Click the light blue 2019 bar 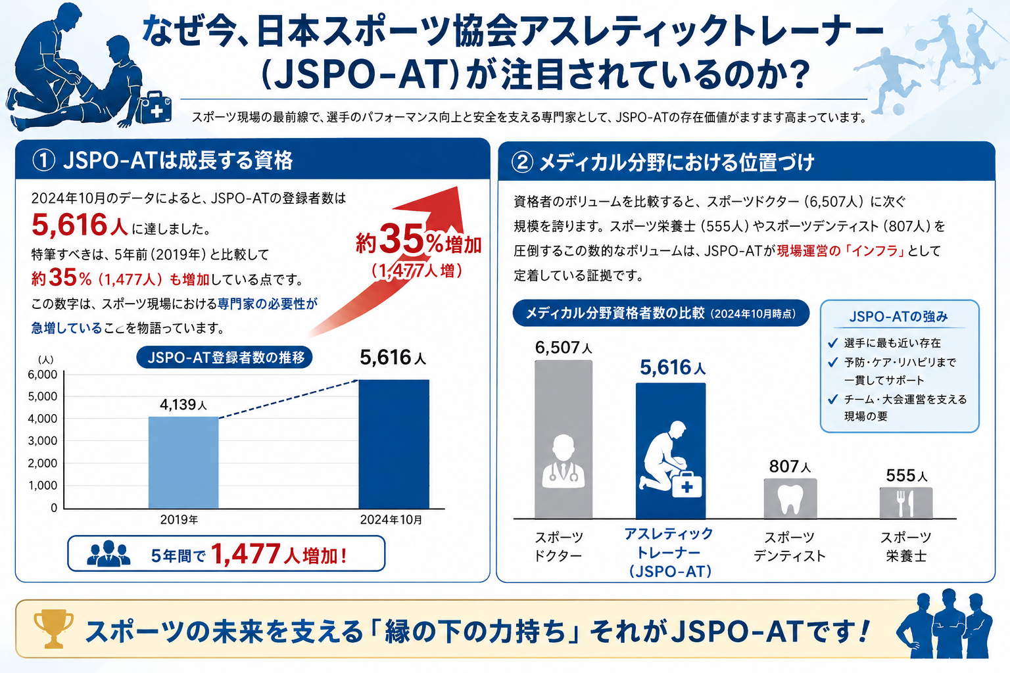[x=183, y=463]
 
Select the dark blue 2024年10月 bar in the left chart [x=394, y=444]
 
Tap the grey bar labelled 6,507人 [x=563, y=439]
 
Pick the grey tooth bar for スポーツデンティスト [x=790, y=498]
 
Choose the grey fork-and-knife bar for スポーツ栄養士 [x=906, y=503]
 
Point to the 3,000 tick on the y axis [x=42, y=441]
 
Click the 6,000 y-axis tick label [x=42, y=375]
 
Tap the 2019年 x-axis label [x=179, y=520]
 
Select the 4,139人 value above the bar [x=183, y=404]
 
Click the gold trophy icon [x=53, y=628]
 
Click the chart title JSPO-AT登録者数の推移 [x=224, y=358]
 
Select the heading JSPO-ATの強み [x=899, y=316]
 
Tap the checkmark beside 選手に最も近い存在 [x=833, y=343]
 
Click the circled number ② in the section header [x=522, y=162]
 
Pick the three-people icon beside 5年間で [x=108, y=553]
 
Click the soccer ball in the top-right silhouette [x=898, y=109]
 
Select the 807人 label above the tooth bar [x=790, y=467]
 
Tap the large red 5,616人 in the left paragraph [x=80, y=225]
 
